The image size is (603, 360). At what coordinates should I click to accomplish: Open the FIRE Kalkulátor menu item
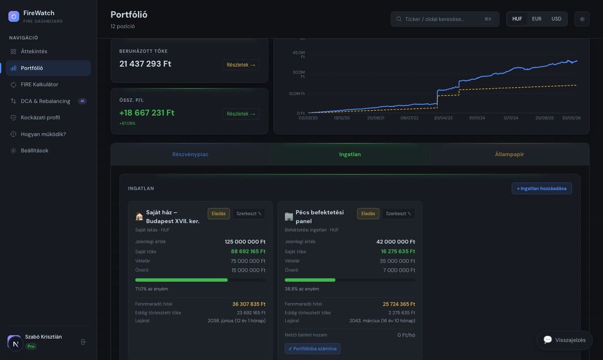click(x=39, y=84)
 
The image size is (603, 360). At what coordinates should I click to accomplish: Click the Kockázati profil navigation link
click(x=40, y=117)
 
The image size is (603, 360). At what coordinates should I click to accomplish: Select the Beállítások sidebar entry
click(x=35, y=151)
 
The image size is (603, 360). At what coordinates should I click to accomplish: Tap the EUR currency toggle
click(x=537, y=19)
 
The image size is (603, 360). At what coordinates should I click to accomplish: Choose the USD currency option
click(x=556, y=19)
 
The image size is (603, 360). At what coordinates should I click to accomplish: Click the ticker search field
click(x=445, y=19)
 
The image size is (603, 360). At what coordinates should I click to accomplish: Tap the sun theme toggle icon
click(x=582, y=19)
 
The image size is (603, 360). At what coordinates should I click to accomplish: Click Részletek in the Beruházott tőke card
click(x=241, y=65)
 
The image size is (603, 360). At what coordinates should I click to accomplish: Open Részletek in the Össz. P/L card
click(x=241, y=114)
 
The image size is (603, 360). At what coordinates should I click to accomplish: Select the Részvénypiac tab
click(x=190, y=155)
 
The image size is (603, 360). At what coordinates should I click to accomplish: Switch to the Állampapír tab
click(x=510, y=155)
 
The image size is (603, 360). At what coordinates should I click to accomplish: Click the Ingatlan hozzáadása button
click(x=542, y=189)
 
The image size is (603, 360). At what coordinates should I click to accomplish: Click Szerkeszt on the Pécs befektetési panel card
click(x=398, y=213)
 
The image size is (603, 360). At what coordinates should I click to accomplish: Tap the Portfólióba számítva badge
click(x=312, y=348)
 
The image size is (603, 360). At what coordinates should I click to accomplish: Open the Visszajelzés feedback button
click(x=564, y=340)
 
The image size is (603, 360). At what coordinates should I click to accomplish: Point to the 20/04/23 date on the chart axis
click(x=443, y=118)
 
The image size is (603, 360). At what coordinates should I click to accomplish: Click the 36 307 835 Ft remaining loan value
click(x=249, y=304)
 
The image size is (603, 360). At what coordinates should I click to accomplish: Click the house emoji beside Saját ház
click(x=139, y=216)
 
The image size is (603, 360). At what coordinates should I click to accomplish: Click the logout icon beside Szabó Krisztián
click(x=83, y=342)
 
